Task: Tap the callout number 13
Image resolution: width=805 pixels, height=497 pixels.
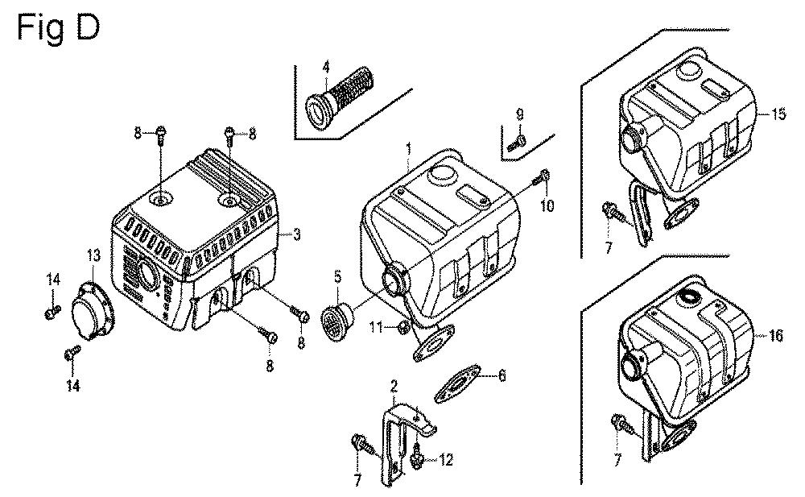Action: coord(92,255)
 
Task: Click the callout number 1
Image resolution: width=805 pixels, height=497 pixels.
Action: coord(408,149)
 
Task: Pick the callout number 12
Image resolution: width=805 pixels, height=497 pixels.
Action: coord(446,460)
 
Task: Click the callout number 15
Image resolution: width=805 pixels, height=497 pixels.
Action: coord(777,114)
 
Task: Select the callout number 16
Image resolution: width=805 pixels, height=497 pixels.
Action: coord(776,336)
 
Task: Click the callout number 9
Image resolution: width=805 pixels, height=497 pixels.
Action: coord(519,113)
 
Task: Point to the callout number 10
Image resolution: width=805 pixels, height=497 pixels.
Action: coord(547,206)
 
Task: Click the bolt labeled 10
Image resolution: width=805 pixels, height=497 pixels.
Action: coord(544,175)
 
